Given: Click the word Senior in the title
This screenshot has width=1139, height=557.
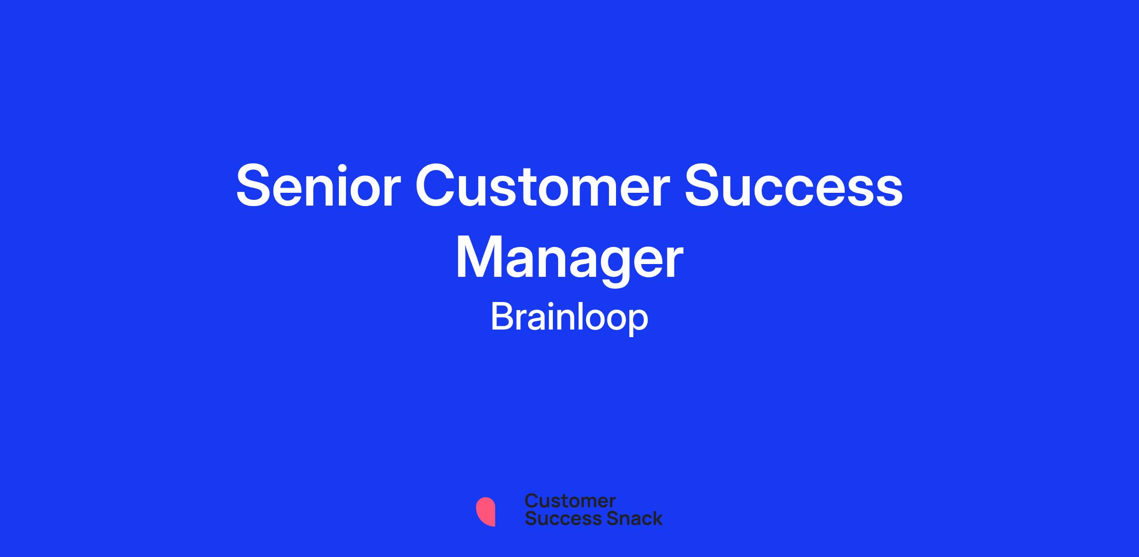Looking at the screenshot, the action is coord(318,186).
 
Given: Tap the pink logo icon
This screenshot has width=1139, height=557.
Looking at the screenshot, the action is coord(485,511).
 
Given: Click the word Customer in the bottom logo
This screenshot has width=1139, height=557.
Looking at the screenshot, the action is coord(570,501).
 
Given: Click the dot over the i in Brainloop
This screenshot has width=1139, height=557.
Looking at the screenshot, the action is coord(554,304).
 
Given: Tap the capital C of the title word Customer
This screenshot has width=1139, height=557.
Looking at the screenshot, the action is coord(437,186).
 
